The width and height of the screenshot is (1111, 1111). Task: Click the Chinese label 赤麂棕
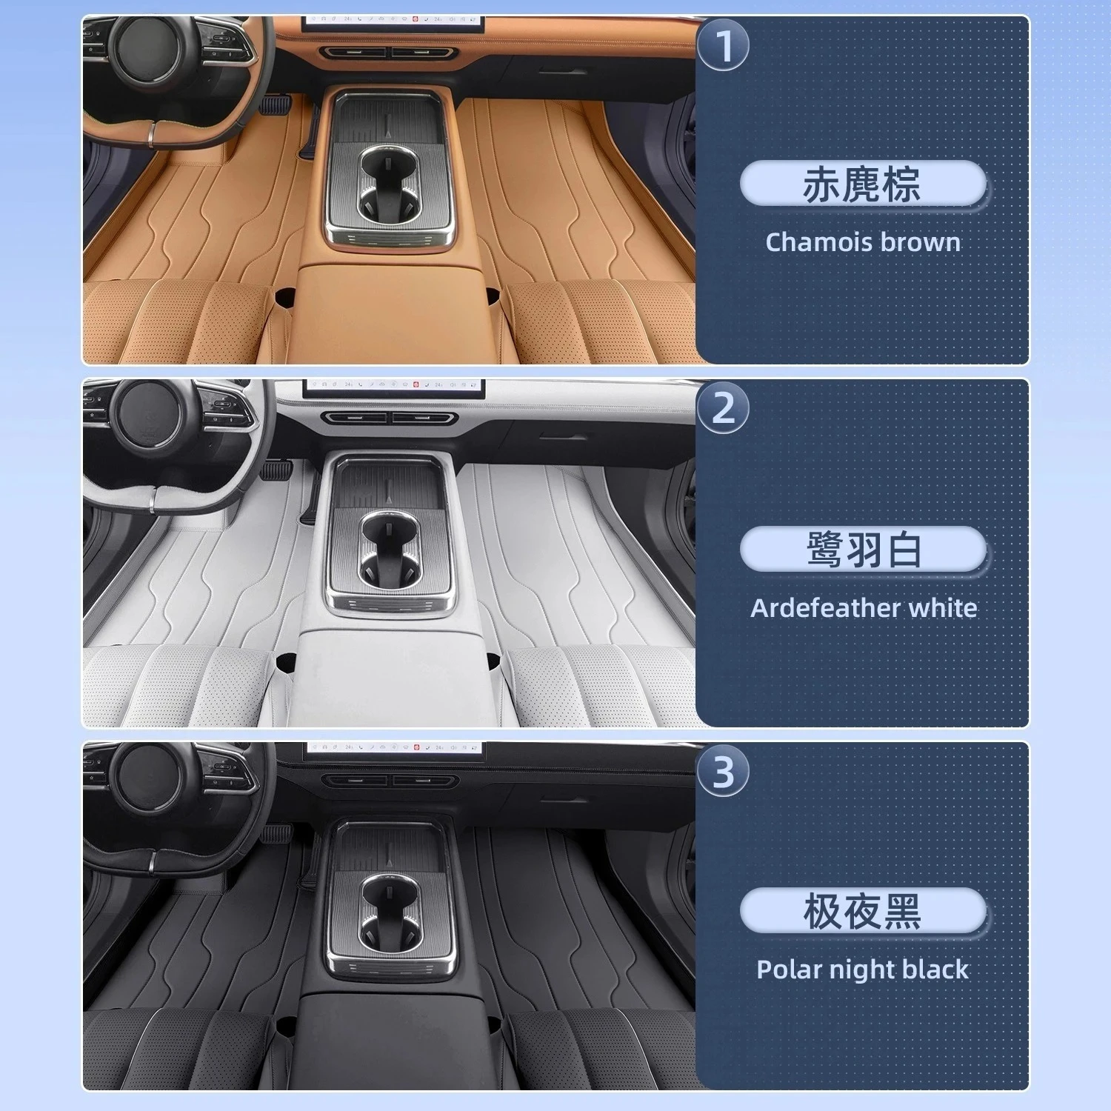pyautogui.click(x=862, y=184)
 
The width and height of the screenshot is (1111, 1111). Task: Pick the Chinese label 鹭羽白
pyautogui.click(x=863, y=549)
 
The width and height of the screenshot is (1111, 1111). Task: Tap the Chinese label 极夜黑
pyautogui.click(x=862, y=911)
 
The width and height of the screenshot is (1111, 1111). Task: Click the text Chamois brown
pyautogui.click(x=863, y=242)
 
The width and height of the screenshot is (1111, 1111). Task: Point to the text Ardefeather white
pyautogui.click(x=864, y=608)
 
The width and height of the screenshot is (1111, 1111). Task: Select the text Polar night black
pyautogui.click(x=863, y=970)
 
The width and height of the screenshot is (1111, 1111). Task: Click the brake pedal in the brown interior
pyautogui.click(x=273, y=104)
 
